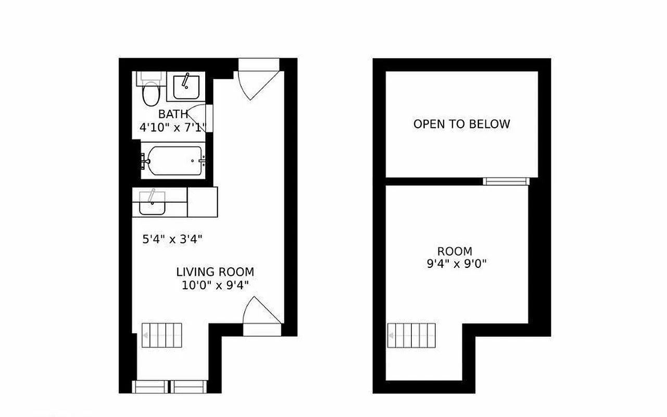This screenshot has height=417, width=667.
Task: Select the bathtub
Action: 174,161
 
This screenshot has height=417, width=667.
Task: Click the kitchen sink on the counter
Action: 152,205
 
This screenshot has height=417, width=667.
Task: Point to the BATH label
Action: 173,114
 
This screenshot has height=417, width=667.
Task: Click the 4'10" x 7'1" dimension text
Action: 173,127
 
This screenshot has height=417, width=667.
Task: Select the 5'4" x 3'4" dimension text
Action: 172,239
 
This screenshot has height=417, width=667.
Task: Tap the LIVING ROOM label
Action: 215,272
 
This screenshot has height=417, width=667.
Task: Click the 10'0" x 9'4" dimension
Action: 215,285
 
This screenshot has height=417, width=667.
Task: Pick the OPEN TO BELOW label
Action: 461,124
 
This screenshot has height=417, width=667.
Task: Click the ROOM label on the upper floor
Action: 455,251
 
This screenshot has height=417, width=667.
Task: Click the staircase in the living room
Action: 162,335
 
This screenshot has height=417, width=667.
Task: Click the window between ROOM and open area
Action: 506,181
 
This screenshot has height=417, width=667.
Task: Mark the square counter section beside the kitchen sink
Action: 202,202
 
